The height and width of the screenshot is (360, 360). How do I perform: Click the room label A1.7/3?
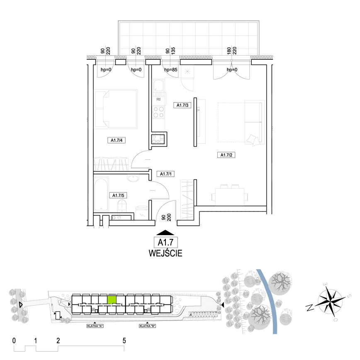(182, 105)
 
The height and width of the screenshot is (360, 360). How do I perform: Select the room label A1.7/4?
(117, 140)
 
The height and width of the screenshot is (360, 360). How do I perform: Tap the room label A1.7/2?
(226, 155)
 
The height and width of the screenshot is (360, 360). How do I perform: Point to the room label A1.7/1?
(165, 174)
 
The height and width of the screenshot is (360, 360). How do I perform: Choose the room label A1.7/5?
(118, 195)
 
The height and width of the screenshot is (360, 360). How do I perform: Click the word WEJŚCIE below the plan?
(165, 253)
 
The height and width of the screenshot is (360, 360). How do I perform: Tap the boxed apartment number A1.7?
(165, 242)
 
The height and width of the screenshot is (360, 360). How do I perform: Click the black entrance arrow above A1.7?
(165, 233)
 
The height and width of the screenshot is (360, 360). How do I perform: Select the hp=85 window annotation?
(171, 70)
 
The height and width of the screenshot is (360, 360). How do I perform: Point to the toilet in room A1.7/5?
(122, 205)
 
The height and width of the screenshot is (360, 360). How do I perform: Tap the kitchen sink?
(158, 88)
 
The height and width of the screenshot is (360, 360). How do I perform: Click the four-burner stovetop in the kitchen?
(158, 112)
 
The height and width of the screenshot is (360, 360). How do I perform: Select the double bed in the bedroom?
(116, 109)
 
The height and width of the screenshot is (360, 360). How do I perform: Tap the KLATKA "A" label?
(95, 326)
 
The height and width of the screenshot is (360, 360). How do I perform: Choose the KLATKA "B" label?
(148, 326)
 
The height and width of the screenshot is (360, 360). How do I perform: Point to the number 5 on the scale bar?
(124, 341)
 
